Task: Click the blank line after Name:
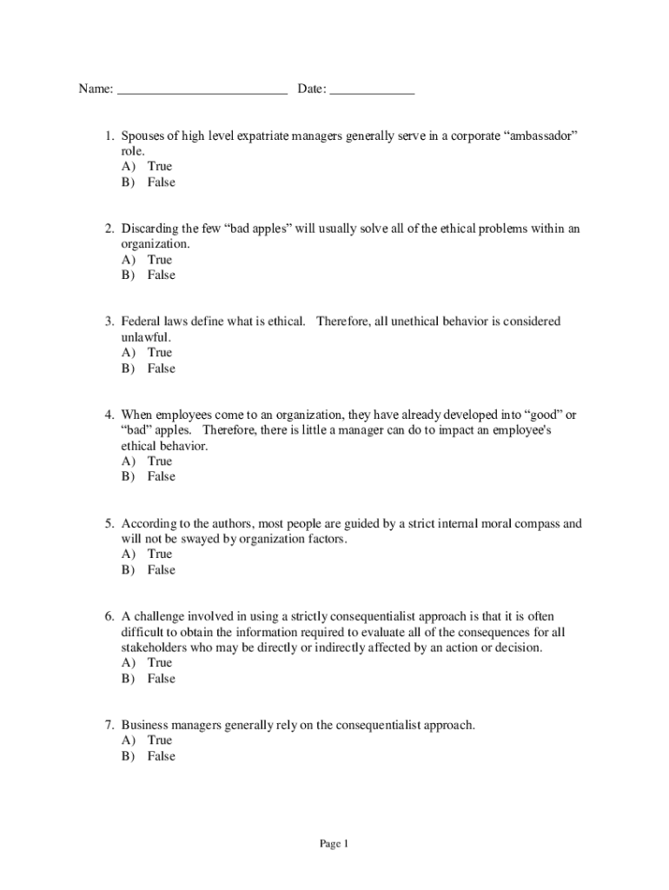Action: click(202, 90)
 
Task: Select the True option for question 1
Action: click(160, 166)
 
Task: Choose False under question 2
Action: click(161, 275)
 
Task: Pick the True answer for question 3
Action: click(160, 352)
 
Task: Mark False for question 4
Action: click(161, 476)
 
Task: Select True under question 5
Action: click(160, 554)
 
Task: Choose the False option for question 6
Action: click(161, 678)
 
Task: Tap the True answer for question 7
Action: click(160, 740)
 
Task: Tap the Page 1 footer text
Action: click(334, 843)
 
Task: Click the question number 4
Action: click(109, 415)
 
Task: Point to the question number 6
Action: click(109, 616)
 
